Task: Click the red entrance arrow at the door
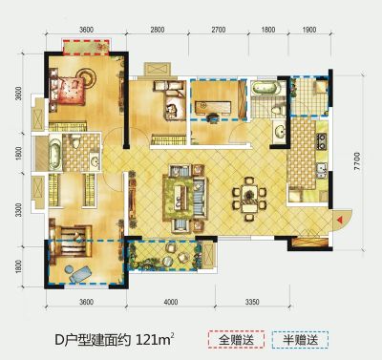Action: (x=340, y=220)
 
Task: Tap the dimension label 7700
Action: (x=357, y=160)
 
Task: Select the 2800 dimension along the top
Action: (x=158, y=30)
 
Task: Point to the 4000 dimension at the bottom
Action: (x=171, y=302)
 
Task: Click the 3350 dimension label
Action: (x=252, y=302)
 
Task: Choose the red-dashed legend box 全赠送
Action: (x=236, y=340)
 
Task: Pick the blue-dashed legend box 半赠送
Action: (x=300, y=340)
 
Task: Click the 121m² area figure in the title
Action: (x=155, y=340)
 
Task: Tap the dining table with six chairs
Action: (x=249, y=200)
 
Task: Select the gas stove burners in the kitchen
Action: (x=321, y=141)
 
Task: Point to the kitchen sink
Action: (x=322, y=170)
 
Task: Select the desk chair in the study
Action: (x=212, y=118)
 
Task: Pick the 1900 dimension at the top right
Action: (x=308, y=30)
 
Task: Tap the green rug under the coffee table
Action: (x=183, y=199)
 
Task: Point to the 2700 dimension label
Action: (x=219, y=30)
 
